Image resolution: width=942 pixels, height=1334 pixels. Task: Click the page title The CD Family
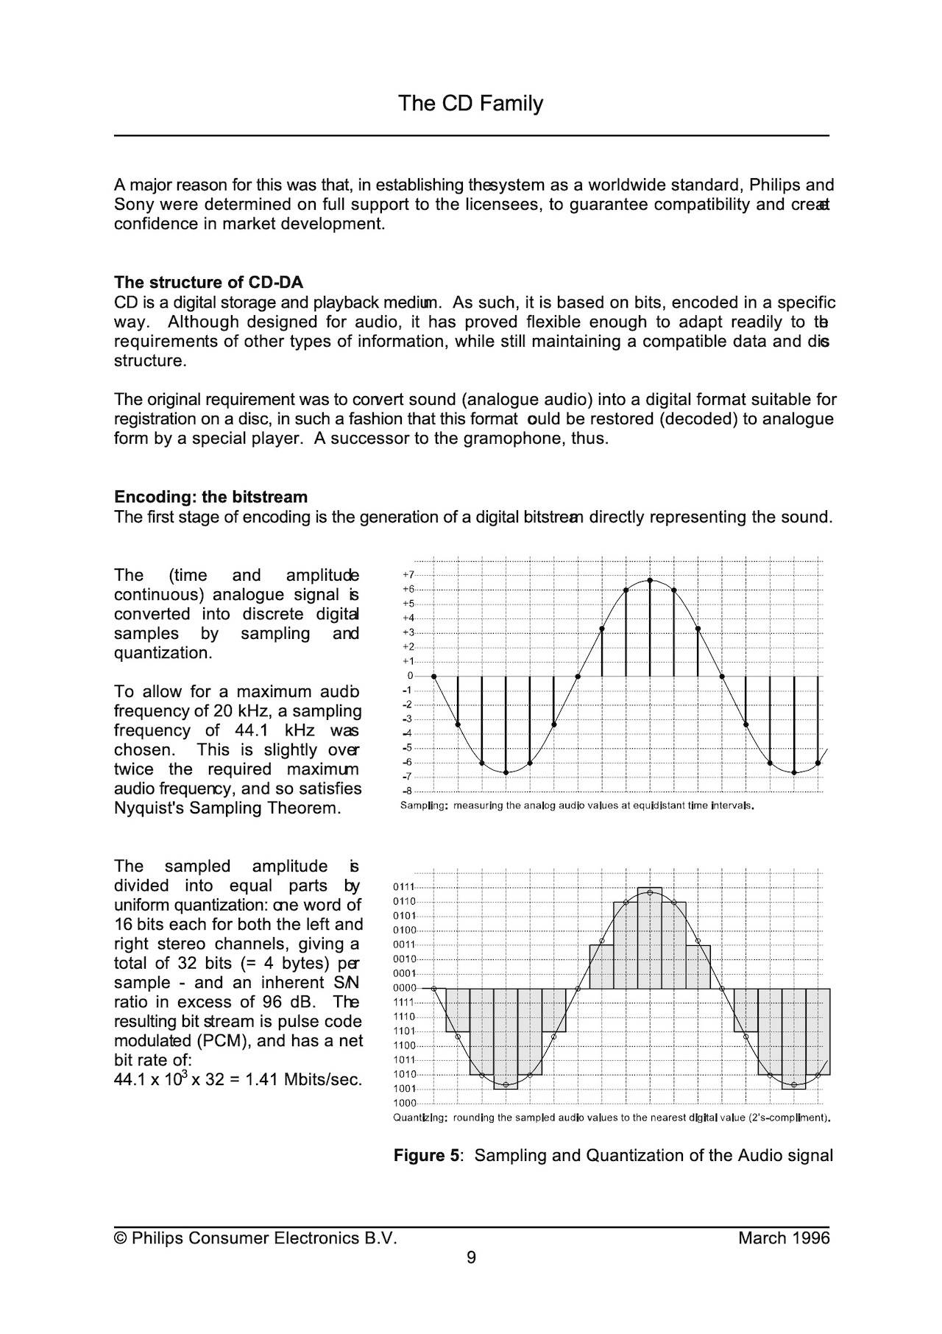pyautogui.click(x=470, y=103)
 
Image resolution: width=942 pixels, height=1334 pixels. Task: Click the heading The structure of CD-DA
pyautogui.click(x=208, y=283)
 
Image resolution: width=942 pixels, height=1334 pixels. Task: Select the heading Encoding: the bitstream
pyautogui.click(x=210, y=497)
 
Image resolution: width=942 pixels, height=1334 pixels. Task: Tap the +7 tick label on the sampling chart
pyautogui.click(x=408, y=574)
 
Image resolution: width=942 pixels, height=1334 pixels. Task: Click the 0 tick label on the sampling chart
pyautogui.click(x=410, y=676)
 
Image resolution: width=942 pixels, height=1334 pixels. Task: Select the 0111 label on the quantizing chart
pyautogui.click(x=404, y=886)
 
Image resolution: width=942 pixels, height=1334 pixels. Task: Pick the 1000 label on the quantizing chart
pyautogui.click(x=404, y=1103)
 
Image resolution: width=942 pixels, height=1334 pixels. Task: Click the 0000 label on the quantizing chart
pyautogui.click(x=404, y=988)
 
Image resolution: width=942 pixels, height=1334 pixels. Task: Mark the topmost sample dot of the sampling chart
pyautogui.click(x=650, y=580)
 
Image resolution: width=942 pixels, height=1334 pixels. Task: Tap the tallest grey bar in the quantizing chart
pyautogui.click(x=650, y=939)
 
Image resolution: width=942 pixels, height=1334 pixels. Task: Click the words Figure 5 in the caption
pyautogui.click(x=426, y=1155)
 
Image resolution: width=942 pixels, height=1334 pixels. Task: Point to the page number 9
pyautogui.click(x=471, y=1257)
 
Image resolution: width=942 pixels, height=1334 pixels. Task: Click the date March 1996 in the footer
pyautogui.click(x=784, y=1238)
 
